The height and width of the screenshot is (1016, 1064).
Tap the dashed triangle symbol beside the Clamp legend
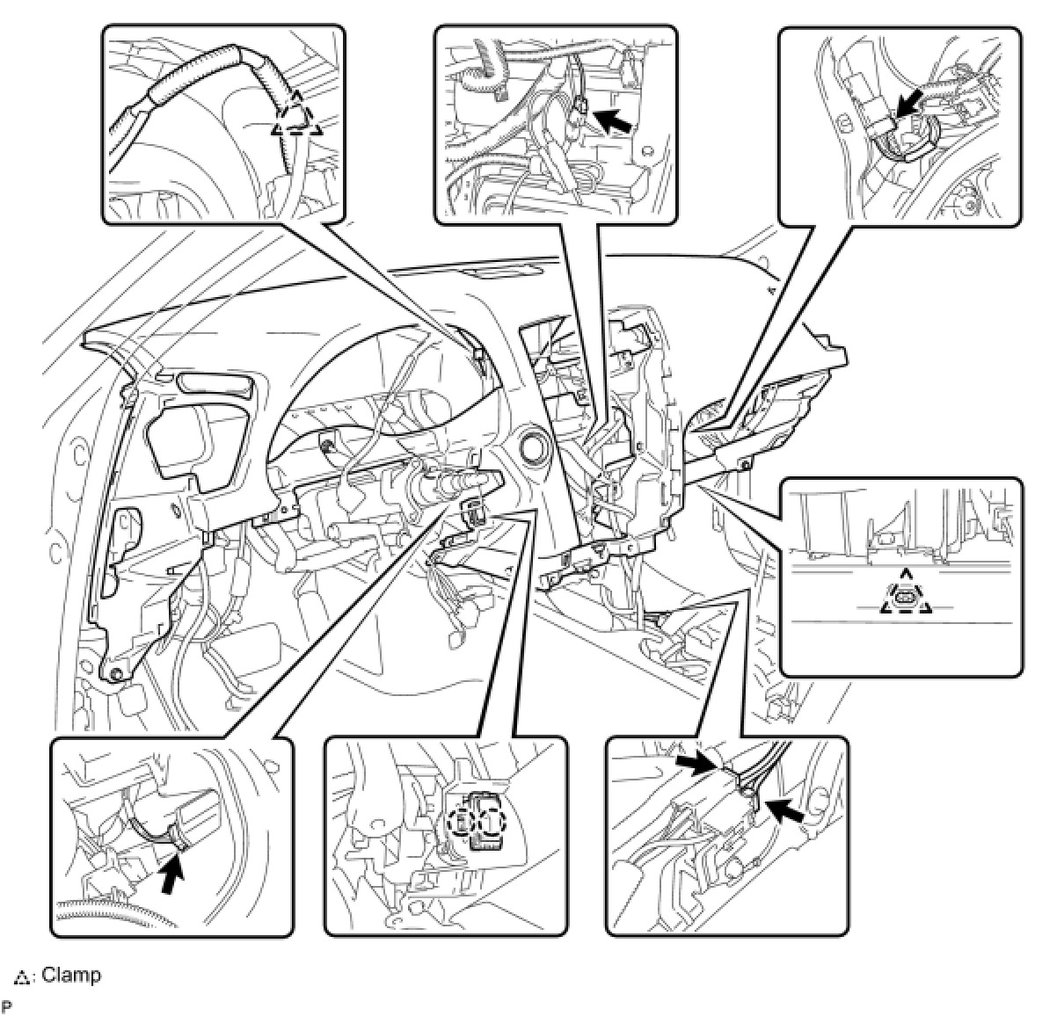[22, 976]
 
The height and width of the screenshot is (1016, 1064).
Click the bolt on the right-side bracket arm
[747, 463]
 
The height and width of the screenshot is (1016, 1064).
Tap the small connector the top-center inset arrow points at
[578, 109]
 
